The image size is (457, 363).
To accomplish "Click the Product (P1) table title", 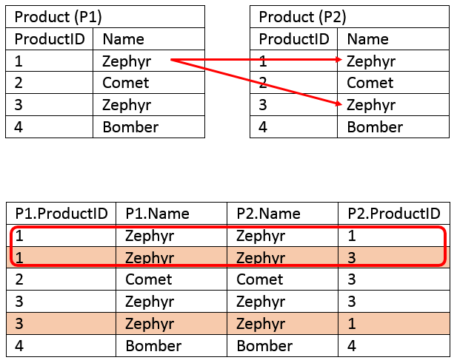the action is point(59,17).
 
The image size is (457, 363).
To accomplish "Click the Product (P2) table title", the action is point(302,17).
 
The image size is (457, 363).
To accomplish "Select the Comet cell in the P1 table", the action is point(126,83).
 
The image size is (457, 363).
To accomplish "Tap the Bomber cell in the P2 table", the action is point(375,127).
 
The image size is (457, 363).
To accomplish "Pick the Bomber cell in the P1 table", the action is point(130,127).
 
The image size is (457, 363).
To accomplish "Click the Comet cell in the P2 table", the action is point(370,83).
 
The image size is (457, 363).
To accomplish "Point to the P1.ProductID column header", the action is point(61,214).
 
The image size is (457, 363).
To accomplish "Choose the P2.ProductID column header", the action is point(394,214).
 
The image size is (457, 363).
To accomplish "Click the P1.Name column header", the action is point(157,214).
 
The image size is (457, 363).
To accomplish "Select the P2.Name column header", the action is point(268,214).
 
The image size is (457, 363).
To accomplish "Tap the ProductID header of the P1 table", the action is point(50,39).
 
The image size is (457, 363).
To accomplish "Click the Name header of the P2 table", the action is point(368,39).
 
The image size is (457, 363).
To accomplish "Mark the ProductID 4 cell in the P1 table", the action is point(19,127).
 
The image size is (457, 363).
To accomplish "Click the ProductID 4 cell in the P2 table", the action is point(263,127).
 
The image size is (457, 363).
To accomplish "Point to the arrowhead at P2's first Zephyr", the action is point(339,60).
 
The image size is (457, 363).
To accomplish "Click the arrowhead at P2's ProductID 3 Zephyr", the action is point(338,104).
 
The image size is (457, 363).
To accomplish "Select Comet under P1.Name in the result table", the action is point(149,279).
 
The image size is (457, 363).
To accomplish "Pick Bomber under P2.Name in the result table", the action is point(264,346).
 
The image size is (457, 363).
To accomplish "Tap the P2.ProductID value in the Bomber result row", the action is point(352,346).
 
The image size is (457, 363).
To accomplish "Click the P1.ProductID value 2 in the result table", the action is point(19,279).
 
